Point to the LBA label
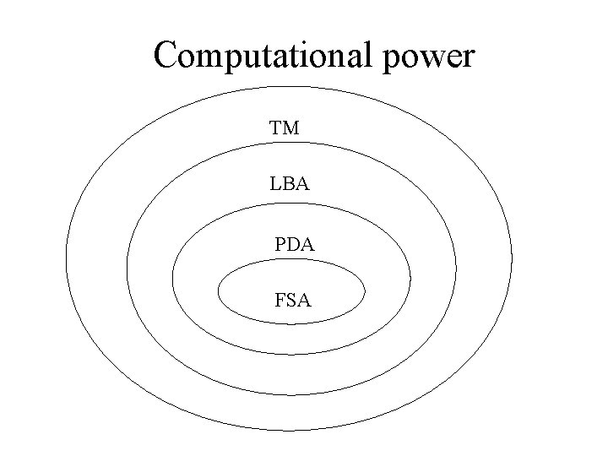click(x=290, y=182)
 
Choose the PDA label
click(x=295, y=246)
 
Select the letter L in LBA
click(x=276, y=182)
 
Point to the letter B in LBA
click(x=289, y=182)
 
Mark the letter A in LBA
click(x=302, y=182)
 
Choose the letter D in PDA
click(x=293, y=246)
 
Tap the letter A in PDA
click(x=307, y=246)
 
